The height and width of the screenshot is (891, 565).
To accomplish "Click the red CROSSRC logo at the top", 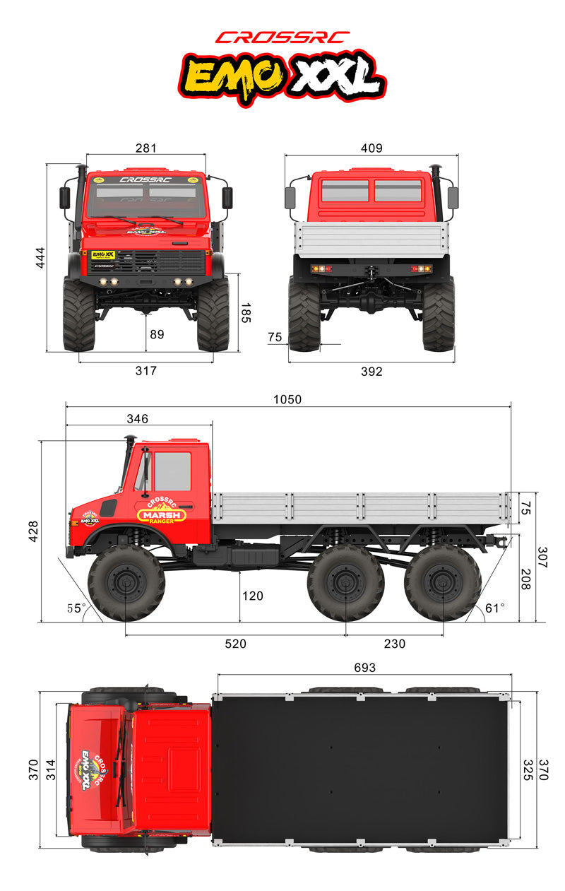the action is click(x=282, y=37).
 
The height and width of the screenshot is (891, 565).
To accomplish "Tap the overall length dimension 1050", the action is click(x=287, y=399).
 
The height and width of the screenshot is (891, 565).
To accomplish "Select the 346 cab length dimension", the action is click(x=137, y=419).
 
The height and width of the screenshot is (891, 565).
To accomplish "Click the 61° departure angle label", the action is click(x=494, y=608).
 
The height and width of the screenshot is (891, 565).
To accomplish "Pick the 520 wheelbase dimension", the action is click(x=235, y=644).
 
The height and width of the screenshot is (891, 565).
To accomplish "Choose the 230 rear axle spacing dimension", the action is click(x=394, y=644).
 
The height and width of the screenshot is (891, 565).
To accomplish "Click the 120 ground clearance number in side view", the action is click(x=252, y=596).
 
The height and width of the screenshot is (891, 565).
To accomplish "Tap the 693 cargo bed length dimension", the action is click(x=364, y=668).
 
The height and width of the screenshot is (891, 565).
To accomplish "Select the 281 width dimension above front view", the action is click(x=146, y=148).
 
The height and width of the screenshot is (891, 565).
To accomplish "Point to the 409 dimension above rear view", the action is click(x=371, y=148).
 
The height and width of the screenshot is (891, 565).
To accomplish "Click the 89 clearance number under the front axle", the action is click(x=157, y=334).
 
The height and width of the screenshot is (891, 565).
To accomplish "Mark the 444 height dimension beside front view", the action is click(x=40, y=258).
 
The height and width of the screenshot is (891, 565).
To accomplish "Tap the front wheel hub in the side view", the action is click(x=126, y=583).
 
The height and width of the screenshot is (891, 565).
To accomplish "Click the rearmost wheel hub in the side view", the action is click(x=443, y=583).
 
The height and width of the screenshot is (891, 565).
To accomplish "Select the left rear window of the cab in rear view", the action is click(x=345, y=191).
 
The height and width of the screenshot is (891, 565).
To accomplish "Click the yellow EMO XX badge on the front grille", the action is click(x=103, y=254).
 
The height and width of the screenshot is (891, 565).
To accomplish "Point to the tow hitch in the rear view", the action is click(x=371, y=272).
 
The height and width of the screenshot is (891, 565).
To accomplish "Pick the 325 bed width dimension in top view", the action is click(x=528, y=770).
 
